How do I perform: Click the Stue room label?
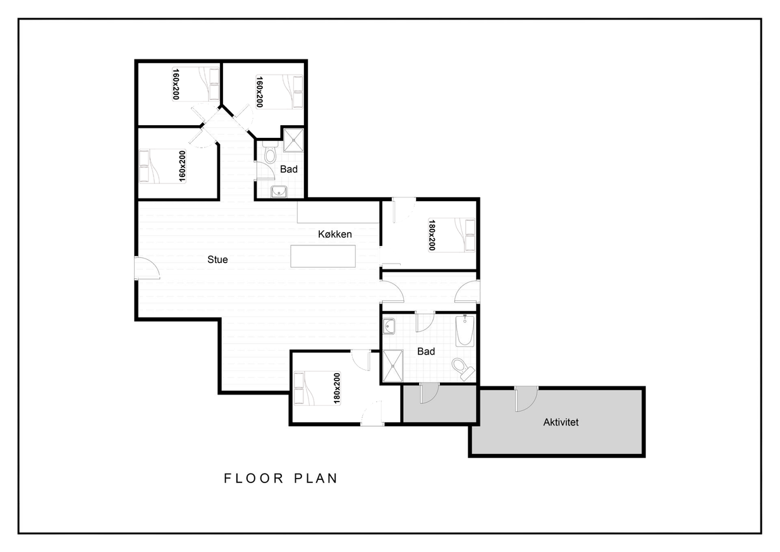[x=217, y=259]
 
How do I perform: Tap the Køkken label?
[x=335, y=234]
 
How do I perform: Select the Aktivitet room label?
[x=561, y=422]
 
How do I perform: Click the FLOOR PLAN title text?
[x=281, y=478]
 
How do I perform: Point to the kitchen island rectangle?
[x=323, y=256]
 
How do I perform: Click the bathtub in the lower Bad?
[x=465, y=330]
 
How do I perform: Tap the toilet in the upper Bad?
[x=270, y=152]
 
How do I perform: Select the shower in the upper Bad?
[x=293, y=140]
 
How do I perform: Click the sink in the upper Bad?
[x=279, y=192]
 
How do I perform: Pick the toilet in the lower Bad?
[x=463, y=369]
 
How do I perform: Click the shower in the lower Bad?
[x=393, y=365]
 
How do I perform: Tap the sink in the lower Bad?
[x=389, y=326]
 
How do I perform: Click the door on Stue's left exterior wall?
[x=147, y=268]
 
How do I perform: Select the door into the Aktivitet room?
[x=526, y=399]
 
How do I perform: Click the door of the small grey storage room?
[x=429, y=393]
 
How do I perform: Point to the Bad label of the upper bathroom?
[x=289, y=169]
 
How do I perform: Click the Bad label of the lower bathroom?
[x=426, y=352]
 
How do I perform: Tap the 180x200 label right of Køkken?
[x=432, y=235]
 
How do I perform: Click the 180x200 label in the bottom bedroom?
[x=337, y=388]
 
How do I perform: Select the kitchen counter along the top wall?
[x=338, y=212]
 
